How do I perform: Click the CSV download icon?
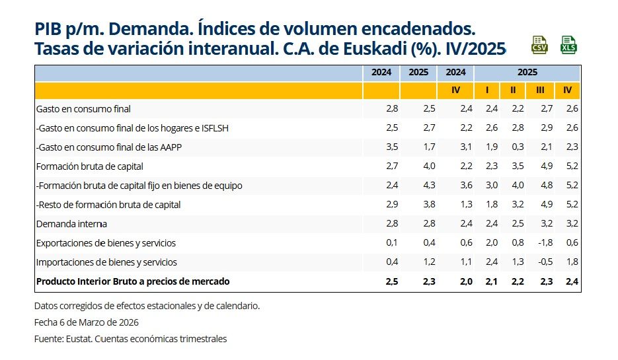[x=539, y=45]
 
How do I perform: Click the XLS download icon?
[x=568, y=45]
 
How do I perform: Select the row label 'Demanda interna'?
[x=71, y=224]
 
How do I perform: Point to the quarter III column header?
[x=540, y=90]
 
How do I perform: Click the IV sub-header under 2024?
[x=455, y=90]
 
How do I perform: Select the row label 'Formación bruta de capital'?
[x=90, y=166]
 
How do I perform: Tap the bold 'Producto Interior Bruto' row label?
[x=133, y=281]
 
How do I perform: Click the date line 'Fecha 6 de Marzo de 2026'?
[x=86, y=322]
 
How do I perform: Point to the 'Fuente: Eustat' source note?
[x=130, y=339]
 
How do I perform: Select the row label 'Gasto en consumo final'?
[x=79, y=109]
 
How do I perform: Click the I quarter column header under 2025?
[x=487, y=90]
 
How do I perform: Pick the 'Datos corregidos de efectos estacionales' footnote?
[x=147, y=306]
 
